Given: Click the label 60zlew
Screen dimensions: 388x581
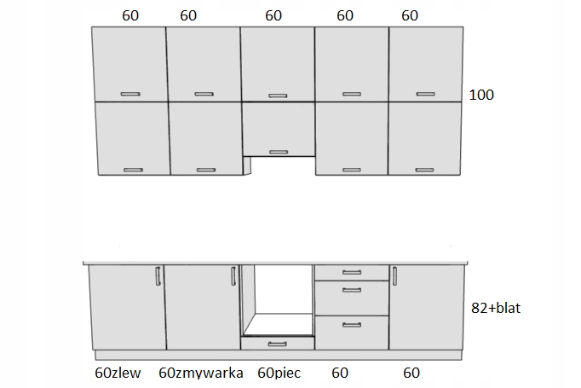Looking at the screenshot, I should click(x=117, y=373).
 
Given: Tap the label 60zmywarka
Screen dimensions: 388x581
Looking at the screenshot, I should click(x=201, y=373).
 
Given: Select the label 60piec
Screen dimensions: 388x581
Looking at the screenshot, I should click(x=278, y=373).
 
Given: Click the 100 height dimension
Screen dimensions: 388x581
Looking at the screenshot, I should click(x=481, y=95).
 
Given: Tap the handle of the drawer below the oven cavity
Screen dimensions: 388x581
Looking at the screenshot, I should click(x=278, y=344).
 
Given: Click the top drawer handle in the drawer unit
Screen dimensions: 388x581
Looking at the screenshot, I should click(x=352, y=272).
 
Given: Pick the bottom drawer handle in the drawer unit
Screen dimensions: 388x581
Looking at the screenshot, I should click(x=352, y=323).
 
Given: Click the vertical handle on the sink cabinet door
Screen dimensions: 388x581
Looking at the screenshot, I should click(x=158, y=276).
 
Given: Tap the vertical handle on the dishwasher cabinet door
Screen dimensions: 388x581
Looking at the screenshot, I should click(x=233, y=276).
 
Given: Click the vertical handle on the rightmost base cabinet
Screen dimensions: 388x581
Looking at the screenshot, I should click(x=394, y=276).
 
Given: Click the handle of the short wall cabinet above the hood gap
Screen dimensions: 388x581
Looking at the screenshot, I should click(x=278, y=152).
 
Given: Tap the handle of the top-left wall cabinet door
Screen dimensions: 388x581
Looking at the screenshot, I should click(x=129, y=93).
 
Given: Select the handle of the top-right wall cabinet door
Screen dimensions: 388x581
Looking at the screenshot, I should click(x=426, y=93).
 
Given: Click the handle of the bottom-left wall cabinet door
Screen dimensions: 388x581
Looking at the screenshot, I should click(x=132, y=170).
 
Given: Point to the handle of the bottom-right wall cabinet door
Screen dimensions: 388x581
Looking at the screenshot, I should click(x=426, y=170).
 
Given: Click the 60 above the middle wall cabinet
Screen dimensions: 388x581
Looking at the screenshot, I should click(x=273, y=14).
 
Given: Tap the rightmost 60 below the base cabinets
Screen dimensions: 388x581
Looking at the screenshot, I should click(x=411, y=373).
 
